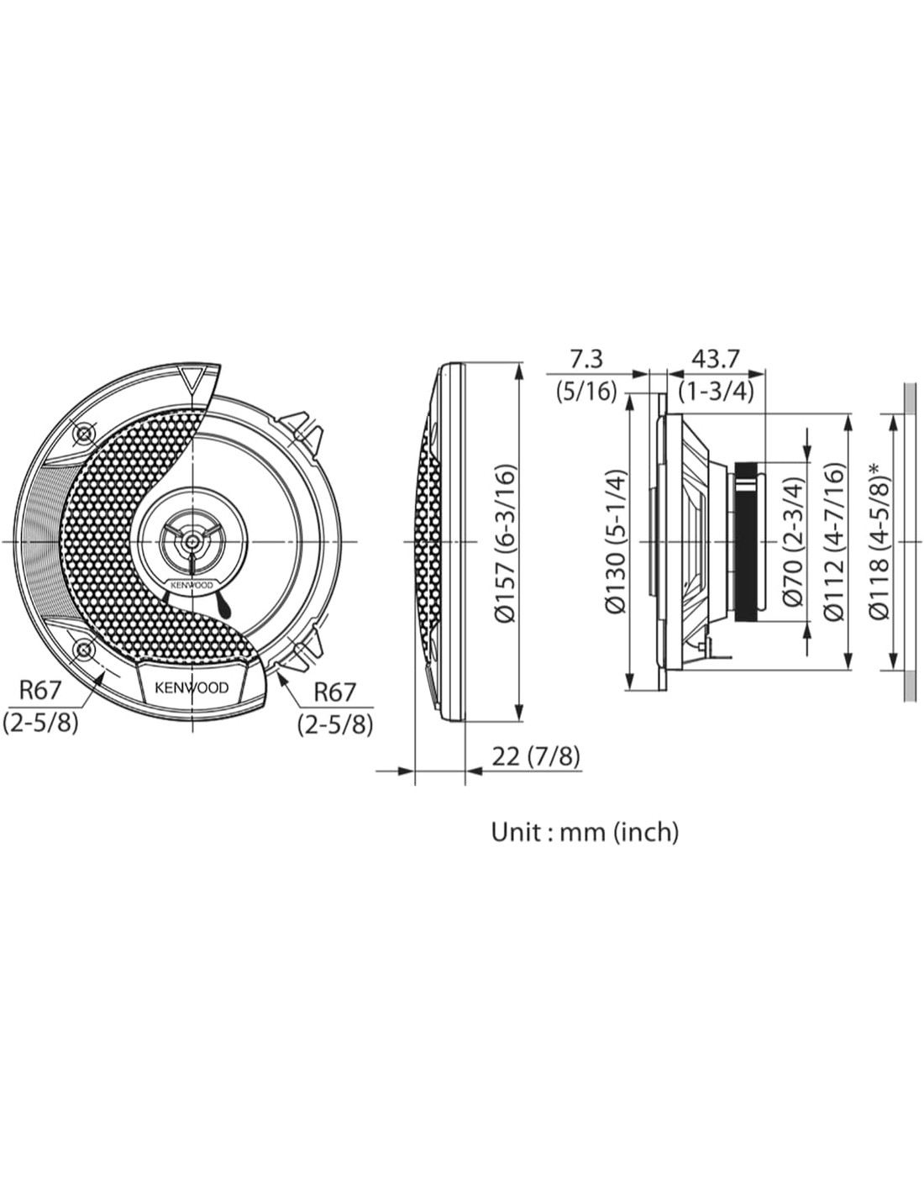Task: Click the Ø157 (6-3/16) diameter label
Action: (505, 544)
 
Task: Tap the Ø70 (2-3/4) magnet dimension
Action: (793, 542)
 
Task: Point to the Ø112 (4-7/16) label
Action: (834, 542)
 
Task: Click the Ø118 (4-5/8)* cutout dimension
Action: (879, 542)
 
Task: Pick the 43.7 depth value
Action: (715, 359)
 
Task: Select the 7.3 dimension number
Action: (586, 359)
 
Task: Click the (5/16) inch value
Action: (586, 392)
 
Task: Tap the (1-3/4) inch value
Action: (715, 392)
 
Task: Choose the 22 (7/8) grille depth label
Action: (536, 757)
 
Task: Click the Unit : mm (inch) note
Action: (585, 832)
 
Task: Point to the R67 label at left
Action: (39, 691)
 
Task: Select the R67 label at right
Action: (335, 692)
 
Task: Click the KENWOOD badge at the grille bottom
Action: (192, 687)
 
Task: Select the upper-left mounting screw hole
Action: (84, 435)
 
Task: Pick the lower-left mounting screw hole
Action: (84, 650)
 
